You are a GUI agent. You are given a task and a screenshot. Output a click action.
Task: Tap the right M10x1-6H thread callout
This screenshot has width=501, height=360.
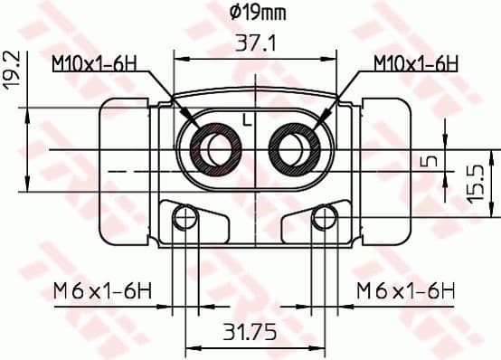tap(415, 63)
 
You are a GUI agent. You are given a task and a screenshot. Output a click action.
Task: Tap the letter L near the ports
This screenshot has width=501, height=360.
tap(246, 119)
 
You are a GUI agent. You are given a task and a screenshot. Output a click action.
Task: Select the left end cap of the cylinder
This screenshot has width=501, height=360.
tap(124, 172)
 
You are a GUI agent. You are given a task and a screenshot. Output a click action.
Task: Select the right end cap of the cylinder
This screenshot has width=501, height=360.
tap(384, 172)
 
